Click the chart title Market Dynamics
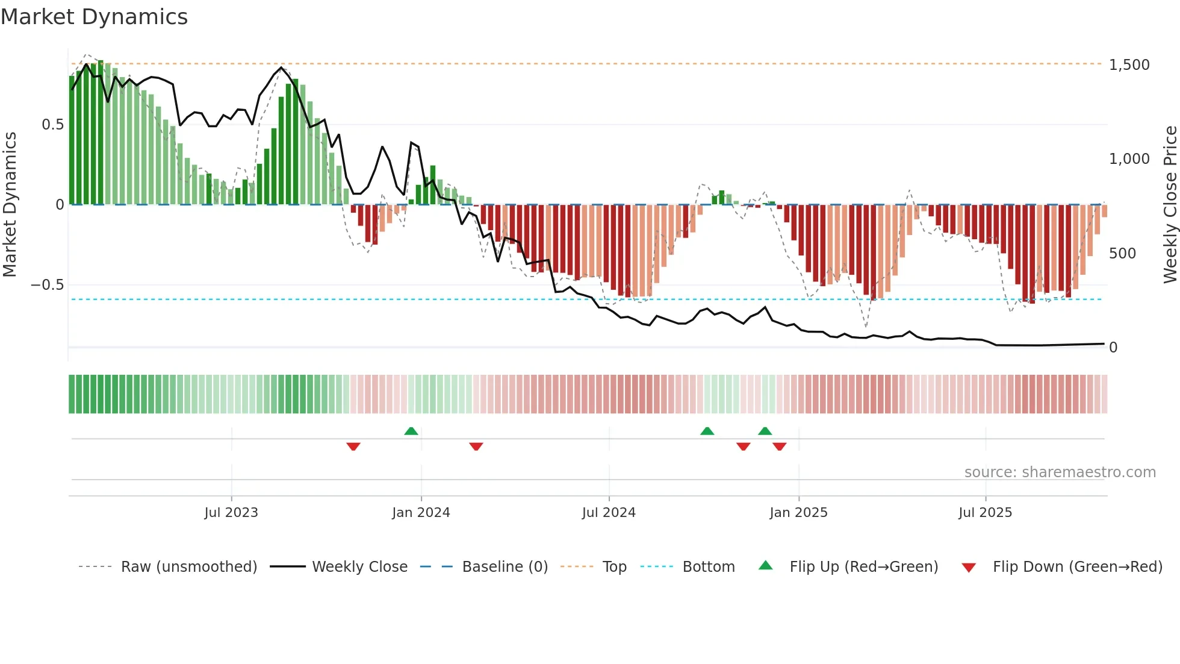pos(95,17)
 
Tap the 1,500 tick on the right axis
pos(1129,64)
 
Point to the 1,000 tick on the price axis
pos(1129,158)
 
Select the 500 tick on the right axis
pos(1122,253)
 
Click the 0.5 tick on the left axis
pos(52,125)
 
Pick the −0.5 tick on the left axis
pos(48,284)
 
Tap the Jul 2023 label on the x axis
pos(231,513)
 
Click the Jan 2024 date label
pos(421,513)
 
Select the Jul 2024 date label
pos(609,513)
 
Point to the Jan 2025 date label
pos(798,513)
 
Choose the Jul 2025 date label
pos(985,513)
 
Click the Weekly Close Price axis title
pos(1170,204)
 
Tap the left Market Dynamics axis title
pos(10,204)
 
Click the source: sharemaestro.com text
pos(1060,472)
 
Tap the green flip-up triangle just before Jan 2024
pos(411,431)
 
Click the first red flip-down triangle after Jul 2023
pos(353,446)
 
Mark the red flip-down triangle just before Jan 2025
pos(780,446)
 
